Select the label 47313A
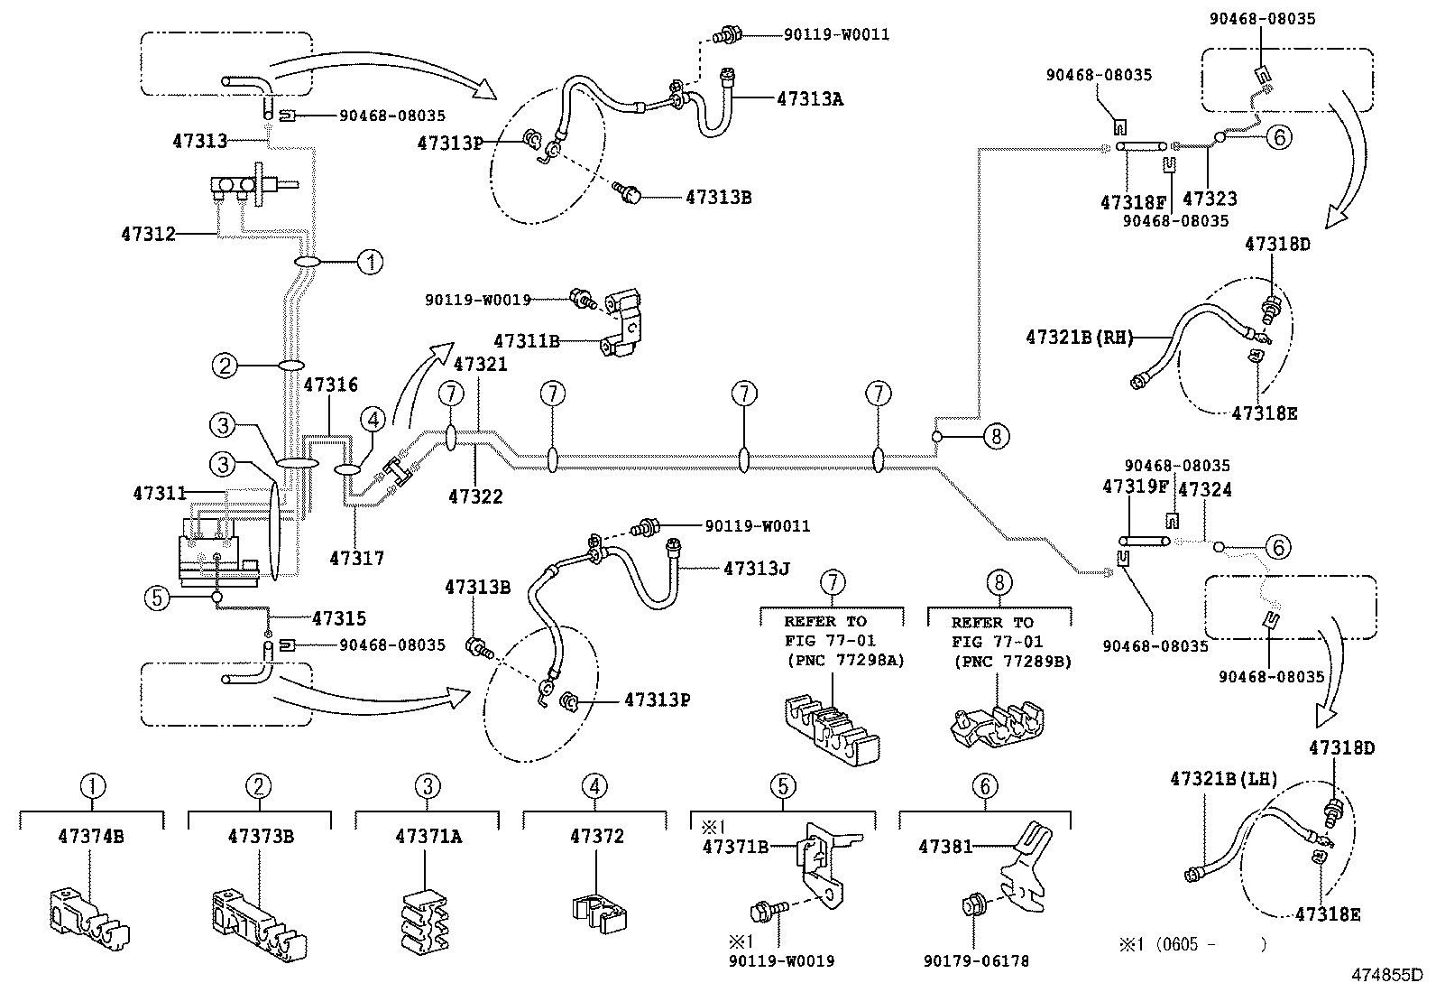click(809, 99)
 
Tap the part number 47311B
click(526, 341)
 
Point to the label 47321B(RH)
click(1077, 338)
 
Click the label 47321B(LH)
click(1223, 779)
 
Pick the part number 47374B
click(90, 837)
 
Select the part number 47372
click(596, 837)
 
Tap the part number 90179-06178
click(977, 961)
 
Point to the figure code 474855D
click(1385, 976)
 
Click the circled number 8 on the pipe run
click(996, 437)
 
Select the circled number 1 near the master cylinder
click(370, 263)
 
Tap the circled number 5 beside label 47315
click(158, 598)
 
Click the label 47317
click(356, 559)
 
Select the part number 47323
click(1210, 199)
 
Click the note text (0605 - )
click(1192, 944)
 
